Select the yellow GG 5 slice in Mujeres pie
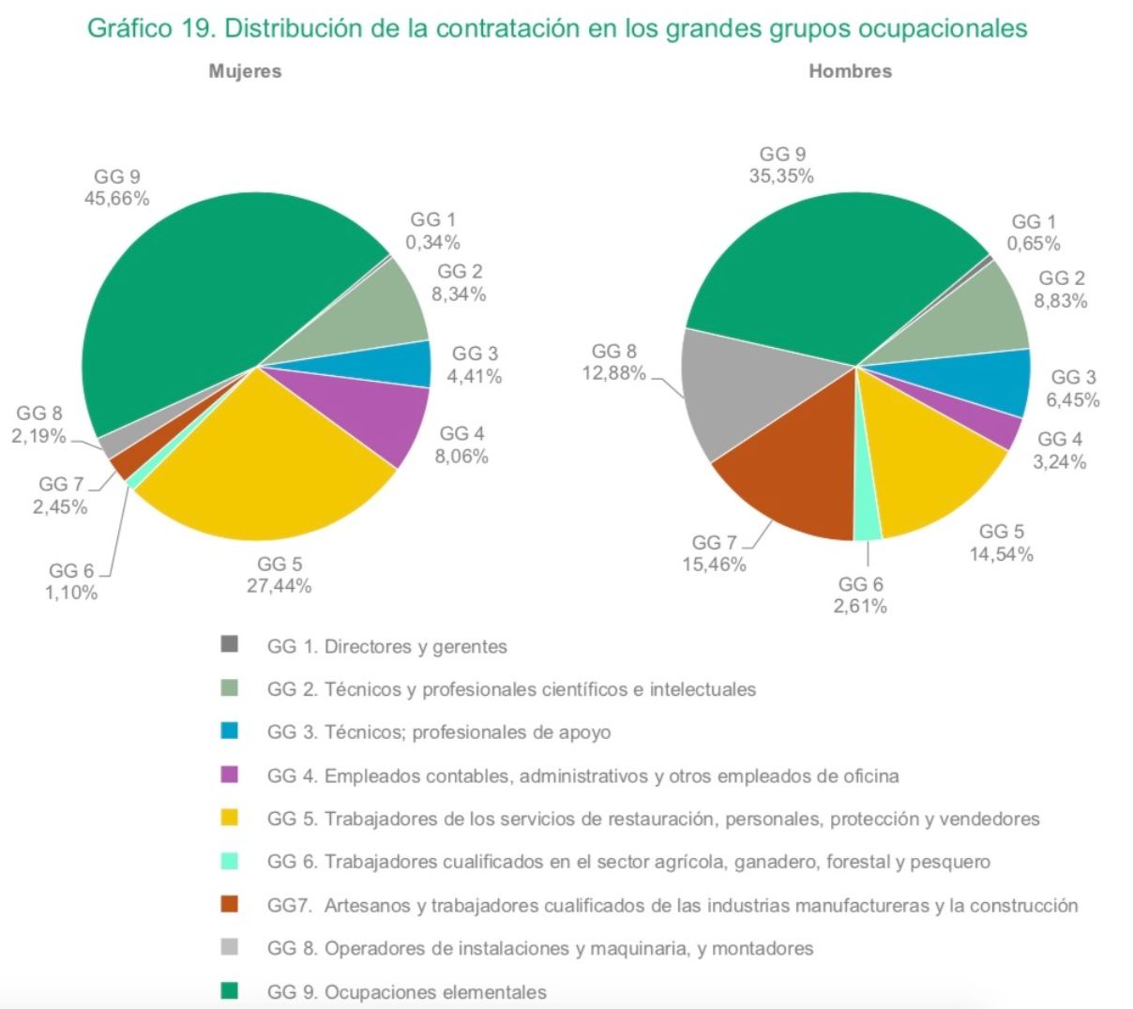[272, 459]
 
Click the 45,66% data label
[116, 199]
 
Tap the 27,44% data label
[279, 586]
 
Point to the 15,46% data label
[714, 565]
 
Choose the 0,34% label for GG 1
[432, 242]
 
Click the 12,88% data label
[613, 373]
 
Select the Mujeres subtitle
[245, 71]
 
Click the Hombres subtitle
[850, 71]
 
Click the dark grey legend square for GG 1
[229, 645]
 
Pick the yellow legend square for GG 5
[229, 818]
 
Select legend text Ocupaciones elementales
[435, 992]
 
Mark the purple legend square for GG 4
[229, 775]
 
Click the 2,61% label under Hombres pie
[860, 606]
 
